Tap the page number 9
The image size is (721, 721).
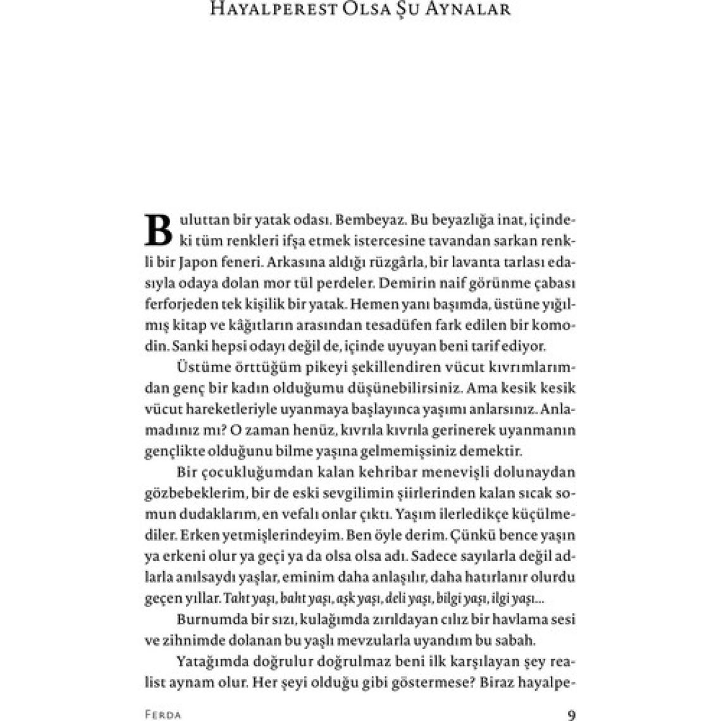pos(572,715)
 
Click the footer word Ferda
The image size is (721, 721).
pos(163,716)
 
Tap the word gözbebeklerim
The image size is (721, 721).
pos(190,493)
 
